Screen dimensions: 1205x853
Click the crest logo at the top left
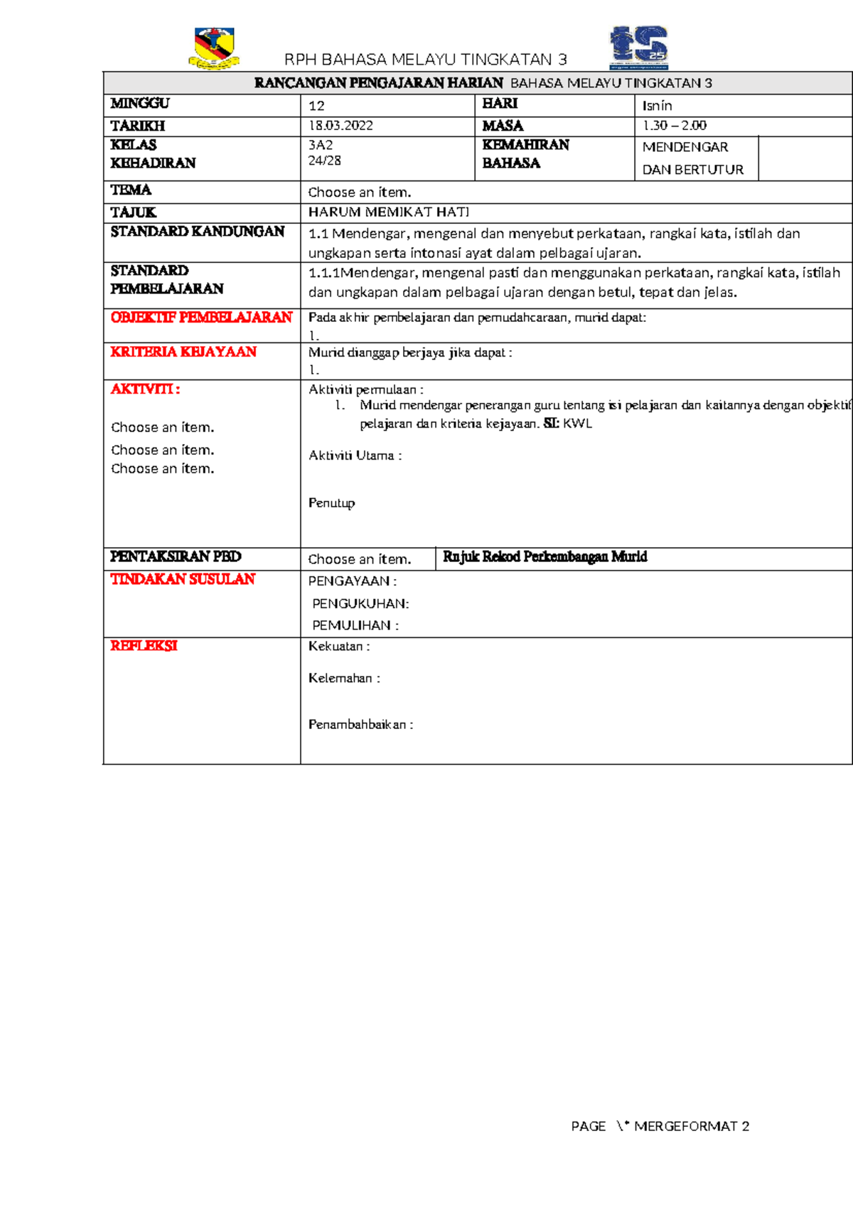pos(214,48)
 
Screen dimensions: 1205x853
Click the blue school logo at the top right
pos(638,48)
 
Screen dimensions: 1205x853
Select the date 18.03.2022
pos(340,126)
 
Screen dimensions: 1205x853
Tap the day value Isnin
pos(657,106)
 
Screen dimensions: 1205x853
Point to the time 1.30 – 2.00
pos(674,126)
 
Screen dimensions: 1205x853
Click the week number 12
pos(316,106)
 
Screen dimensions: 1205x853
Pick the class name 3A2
pos(321,145)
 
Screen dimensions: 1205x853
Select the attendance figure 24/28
pos(324,161)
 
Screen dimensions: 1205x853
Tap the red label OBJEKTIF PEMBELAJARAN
pos(201,317)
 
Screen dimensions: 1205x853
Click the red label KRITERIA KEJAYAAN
pos(183,352)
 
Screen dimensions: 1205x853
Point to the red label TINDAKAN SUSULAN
pos(183,579)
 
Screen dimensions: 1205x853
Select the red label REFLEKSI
pos(144,646)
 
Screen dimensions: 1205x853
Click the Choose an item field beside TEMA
pos(360,192)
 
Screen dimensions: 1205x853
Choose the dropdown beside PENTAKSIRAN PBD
pos(360,559)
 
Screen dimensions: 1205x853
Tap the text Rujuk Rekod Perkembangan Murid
pos(544,557)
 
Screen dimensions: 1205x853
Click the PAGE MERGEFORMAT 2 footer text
pos(660,1126)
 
